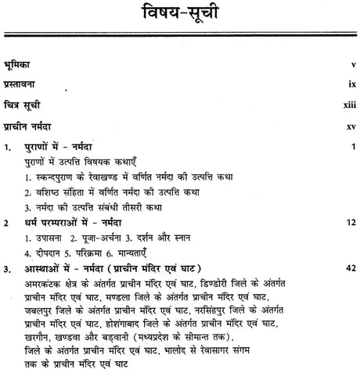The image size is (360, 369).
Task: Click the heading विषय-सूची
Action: click(180, 15)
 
